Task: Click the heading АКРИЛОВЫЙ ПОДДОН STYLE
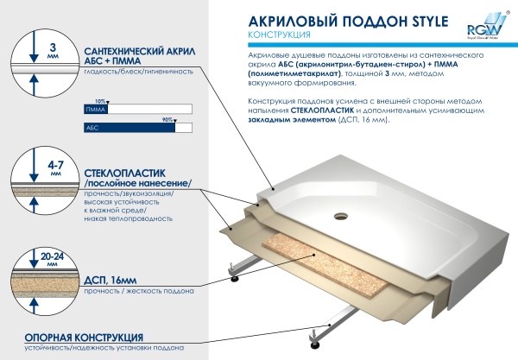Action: pos(329,22)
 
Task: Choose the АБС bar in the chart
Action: pos(129,127)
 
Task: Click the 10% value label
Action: pos(101,102)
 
